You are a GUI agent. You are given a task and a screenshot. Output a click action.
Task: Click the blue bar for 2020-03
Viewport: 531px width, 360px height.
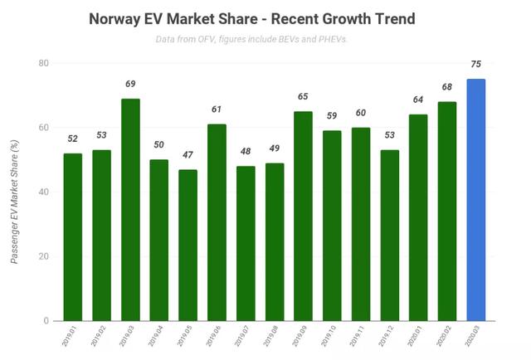476,200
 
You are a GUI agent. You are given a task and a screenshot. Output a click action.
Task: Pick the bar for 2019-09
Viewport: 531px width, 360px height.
303,216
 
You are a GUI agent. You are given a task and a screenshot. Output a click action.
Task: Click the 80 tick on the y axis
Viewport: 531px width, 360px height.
42,63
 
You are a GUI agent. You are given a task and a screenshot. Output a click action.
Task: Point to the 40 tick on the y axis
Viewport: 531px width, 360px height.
42,192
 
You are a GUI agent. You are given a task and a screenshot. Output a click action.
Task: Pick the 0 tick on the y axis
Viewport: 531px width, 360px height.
45,320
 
